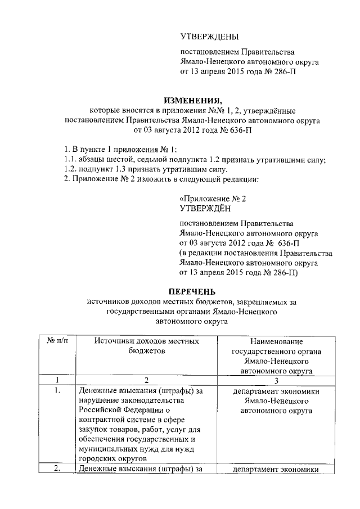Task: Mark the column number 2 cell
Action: pyautogui.click(x=146, y=380)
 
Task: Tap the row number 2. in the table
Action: pyautogui.click(x=56, y=469)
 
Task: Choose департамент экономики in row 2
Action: pyautogui.click(x=275, y=470)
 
